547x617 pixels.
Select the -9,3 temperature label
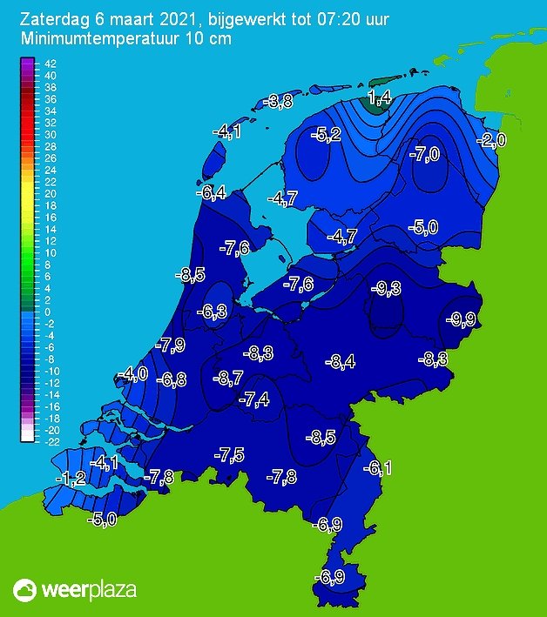tap(384, 288)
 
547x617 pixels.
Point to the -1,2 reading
tap(71, 478)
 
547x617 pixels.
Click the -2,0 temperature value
tap(490, 141)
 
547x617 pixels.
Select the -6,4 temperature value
tap(211, 192)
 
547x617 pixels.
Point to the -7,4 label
tap(253, 399)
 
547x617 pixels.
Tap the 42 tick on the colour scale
tap(50, 64)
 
